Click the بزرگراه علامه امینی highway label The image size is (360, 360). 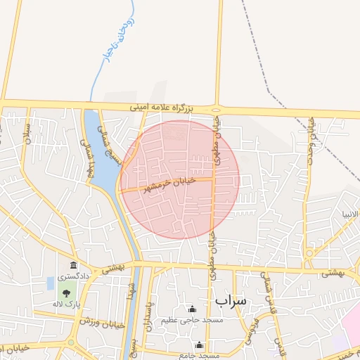(171, 108)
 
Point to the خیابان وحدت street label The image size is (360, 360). (310, 141)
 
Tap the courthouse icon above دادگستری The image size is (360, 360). (74, 265)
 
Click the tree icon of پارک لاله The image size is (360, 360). (67, 293)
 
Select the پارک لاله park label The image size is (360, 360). (66, 304)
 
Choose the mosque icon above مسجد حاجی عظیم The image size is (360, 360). (192, 309)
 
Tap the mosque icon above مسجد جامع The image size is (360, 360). (200, 345)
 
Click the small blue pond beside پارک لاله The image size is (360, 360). (50, 283)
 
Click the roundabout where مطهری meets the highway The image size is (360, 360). (216, 110)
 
